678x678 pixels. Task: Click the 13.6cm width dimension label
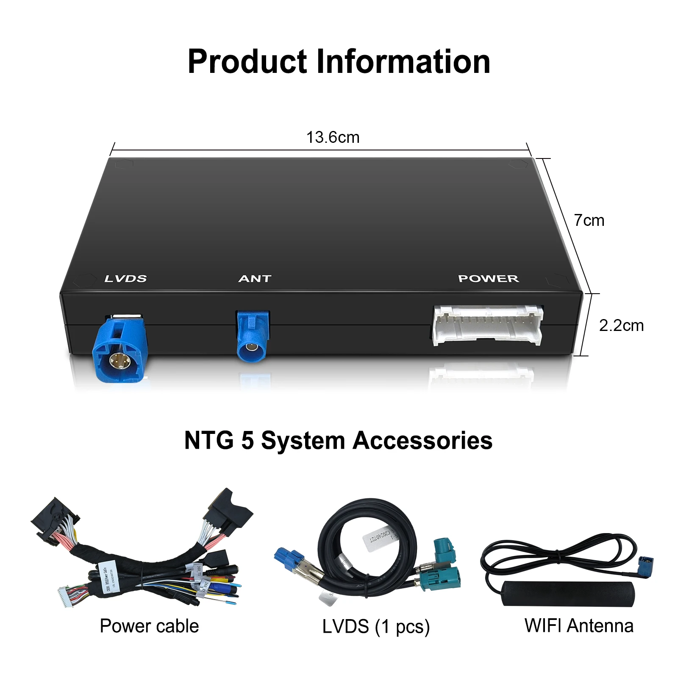[333, 137]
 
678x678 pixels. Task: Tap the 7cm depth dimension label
[589, 220]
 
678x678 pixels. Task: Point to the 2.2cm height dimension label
[621, 325]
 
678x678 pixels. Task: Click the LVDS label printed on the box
[125, 278]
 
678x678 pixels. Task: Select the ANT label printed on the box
[255, 278]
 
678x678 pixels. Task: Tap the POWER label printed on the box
[488, 278]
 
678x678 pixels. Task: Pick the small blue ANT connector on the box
[253, 339]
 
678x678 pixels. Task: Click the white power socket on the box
[487, 325]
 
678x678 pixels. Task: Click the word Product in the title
[247, 62]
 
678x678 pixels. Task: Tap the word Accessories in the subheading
[422, 440]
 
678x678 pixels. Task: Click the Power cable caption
[149, 626]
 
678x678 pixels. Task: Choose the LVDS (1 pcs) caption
[376, 627]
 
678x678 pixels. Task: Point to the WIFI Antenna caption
[579, 625]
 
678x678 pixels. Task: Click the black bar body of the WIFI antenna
[568, 593]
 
